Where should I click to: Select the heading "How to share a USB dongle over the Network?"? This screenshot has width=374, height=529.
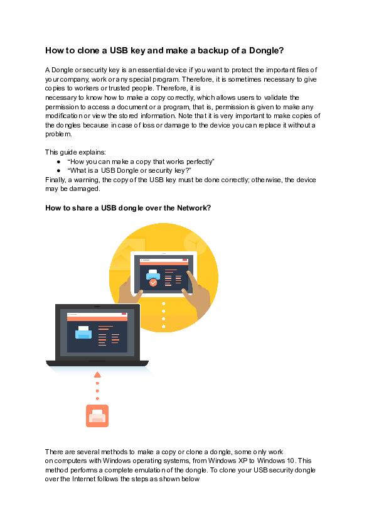(127, 209)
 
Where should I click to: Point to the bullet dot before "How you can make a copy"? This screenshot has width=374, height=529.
(58, 161)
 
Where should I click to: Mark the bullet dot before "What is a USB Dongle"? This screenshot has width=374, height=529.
(58, 170)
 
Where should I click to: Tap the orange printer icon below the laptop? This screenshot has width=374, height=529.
(97, 416)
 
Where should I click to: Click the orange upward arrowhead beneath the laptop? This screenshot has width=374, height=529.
(97, 375)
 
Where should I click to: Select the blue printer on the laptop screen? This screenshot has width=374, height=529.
(83, 332)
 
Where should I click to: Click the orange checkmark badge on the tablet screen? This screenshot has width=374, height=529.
(153, 283)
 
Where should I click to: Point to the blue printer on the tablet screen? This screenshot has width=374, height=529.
(152, 274)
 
